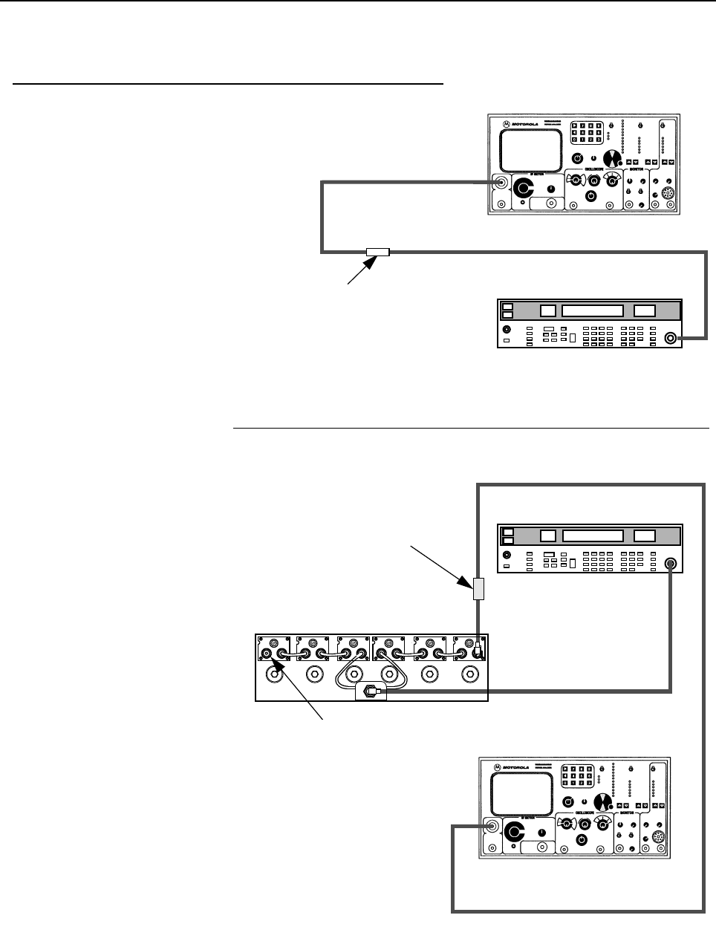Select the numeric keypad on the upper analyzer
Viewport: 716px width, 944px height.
(x=587, y=133)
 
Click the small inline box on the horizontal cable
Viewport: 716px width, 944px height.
(x=377, y=252)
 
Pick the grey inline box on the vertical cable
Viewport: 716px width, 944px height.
(x=478, y=587)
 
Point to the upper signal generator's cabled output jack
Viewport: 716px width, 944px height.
(x=671, y=338)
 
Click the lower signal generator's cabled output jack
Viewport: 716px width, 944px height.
(x=671, y=564)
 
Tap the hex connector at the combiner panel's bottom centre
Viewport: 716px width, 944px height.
(x=367, y=691)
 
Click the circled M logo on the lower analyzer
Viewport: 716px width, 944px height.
(x=495, y=766)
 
